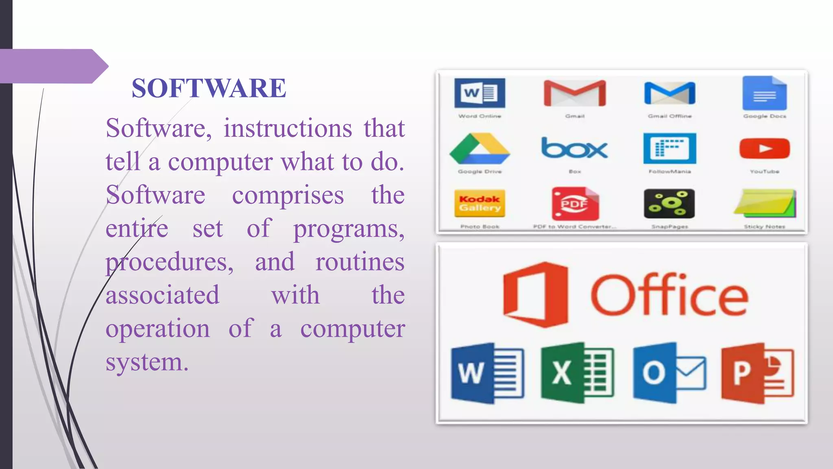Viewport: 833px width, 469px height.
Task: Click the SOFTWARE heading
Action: click(209, 88)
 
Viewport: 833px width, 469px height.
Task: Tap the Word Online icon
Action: click(480, 93)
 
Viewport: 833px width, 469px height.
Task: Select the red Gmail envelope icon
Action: click(574, 93)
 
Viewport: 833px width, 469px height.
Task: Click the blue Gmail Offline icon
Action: click(669, 93)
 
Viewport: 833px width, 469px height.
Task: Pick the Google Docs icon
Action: click(764, 93)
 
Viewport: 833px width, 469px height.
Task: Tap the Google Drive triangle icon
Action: click(480, 149)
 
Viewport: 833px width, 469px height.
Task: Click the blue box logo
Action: click(574, 148)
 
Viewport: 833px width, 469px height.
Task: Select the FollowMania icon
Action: click(669, 148)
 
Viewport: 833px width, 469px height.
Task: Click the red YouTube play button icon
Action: click(764, 148)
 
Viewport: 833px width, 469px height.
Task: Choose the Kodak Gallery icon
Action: click(480, 204)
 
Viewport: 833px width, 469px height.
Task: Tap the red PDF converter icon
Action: click(575, 204)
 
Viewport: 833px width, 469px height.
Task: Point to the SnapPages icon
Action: click(669, 204)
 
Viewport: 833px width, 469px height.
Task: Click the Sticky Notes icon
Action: click(765, 204)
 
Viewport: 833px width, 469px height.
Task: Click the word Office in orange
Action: click(669, 296)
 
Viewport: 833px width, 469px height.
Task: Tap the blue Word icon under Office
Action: click(487, 373)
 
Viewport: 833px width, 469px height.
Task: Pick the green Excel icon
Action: click(577, 373)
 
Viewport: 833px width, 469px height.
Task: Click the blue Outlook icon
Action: click(669, 373)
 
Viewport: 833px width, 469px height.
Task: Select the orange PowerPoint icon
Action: click(757, 373)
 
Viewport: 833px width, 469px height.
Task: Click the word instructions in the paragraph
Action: click(288, 128)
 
